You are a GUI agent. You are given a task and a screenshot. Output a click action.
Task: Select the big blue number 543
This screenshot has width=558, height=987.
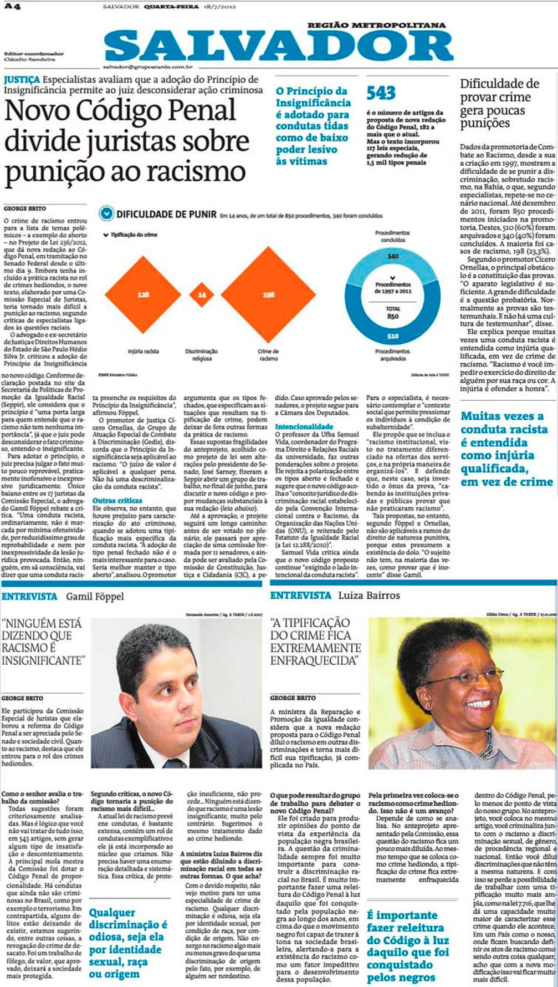pyautogui.click(x=381, y=93)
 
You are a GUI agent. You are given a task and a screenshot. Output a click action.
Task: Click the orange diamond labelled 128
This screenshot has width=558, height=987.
pyautogui.click(x=143, y=294)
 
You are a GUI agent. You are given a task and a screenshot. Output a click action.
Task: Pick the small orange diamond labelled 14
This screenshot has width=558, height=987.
pyautogui.click(x=202, y=295)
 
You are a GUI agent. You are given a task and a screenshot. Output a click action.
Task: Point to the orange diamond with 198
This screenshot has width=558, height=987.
pyautogui.click(x=269, y=294)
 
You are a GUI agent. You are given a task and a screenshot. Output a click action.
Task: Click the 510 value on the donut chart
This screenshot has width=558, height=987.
pyautogui.click(x=392, y=336)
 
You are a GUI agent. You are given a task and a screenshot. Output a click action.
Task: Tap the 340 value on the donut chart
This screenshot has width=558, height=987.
pyautogui.click(x=392, y=256)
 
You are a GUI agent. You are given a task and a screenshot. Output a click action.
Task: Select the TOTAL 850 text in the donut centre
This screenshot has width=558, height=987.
pyautogui.click(x=392, y=312)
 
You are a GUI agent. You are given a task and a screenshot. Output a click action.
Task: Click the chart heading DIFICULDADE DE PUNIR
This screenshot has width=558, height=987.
pyautogui.click(x=166, y=214)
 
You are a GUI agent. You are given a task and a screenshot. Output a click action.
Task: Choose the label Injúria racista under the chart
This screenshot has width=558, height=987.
pyautogui.click(x=143, y=352)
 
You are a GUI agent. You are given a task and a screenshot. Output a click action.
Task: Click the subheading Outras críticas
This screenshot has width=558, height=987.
pyautogui.click(x=117, y=501)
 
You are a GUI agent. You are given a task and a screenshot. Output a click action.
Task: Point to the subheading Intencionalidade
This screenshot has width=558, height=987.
pyautogui.click(x=304, y=426)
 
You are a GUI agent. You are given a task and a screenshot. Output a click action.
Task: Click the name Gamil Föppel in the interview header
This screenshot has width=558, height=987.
pyautogui.click(x=95, y=597)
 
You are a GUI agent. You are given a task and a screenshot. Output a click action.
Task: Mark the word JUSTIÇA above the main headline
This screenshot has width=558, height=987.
pyautogui.click(x=22, y=79)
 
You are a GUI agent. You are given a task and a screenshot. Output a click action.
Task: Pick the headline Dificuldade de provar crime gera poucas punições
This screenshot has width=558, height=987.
pyautogui.click(x=499, y=103)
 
